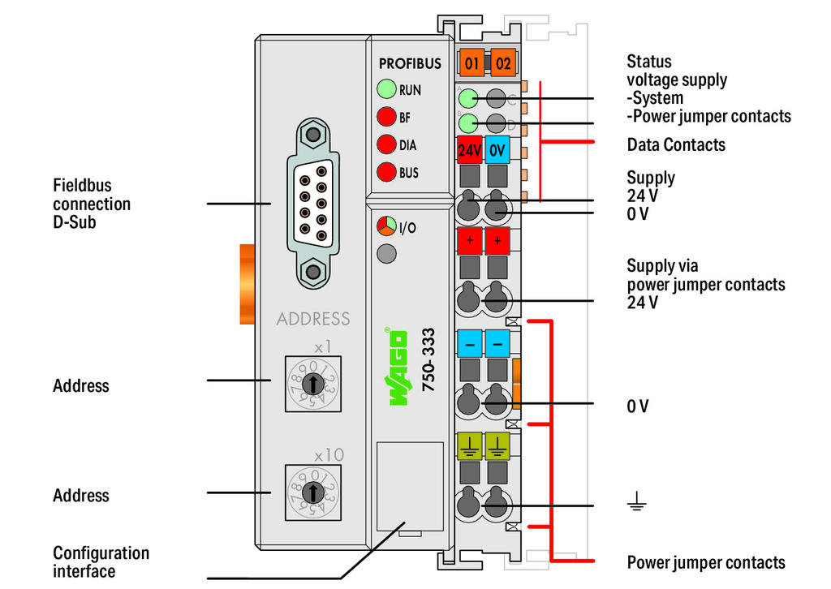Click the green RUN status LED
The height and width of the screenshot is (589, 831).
(x=386, y=90)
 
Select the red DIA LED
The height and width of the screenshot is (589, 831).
(x=386, y=145)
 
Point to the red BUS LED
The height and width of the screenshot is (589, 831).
(x=386, y=172)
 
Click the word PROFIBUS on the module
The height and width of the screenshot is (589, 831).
(x=410, y=63)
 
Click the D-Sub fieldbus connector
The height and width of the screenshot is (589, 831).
(x=312, y=202)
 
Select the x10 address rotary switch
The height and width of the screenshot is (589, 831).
(x=312, y=492)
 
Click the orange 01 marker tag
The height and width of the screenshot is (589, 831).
(x=471, y=62)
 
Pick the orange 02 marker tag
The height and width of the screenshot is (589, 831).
(x=503, y=62)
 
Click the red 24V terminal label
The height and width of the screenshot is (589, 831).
(x=470, y=151)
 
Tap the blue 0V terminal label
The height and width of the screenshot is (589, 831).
(x=497, y=151)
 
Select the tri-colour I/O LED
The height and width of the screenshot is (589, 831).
(x=386, y=226)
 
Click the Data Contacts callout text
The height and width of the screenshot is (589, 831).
(x=676, y=145)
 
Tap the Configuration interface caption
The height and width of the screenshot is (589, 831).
(x=101, y=562)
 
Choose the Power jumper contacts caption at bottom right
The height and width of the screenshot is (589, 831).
(x=706, y=562)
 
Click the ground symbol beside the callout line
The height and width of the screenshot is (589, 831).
(x=636, y=505)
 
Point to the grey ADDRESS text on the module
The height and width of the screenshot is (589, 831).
(x=313, y=319)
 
